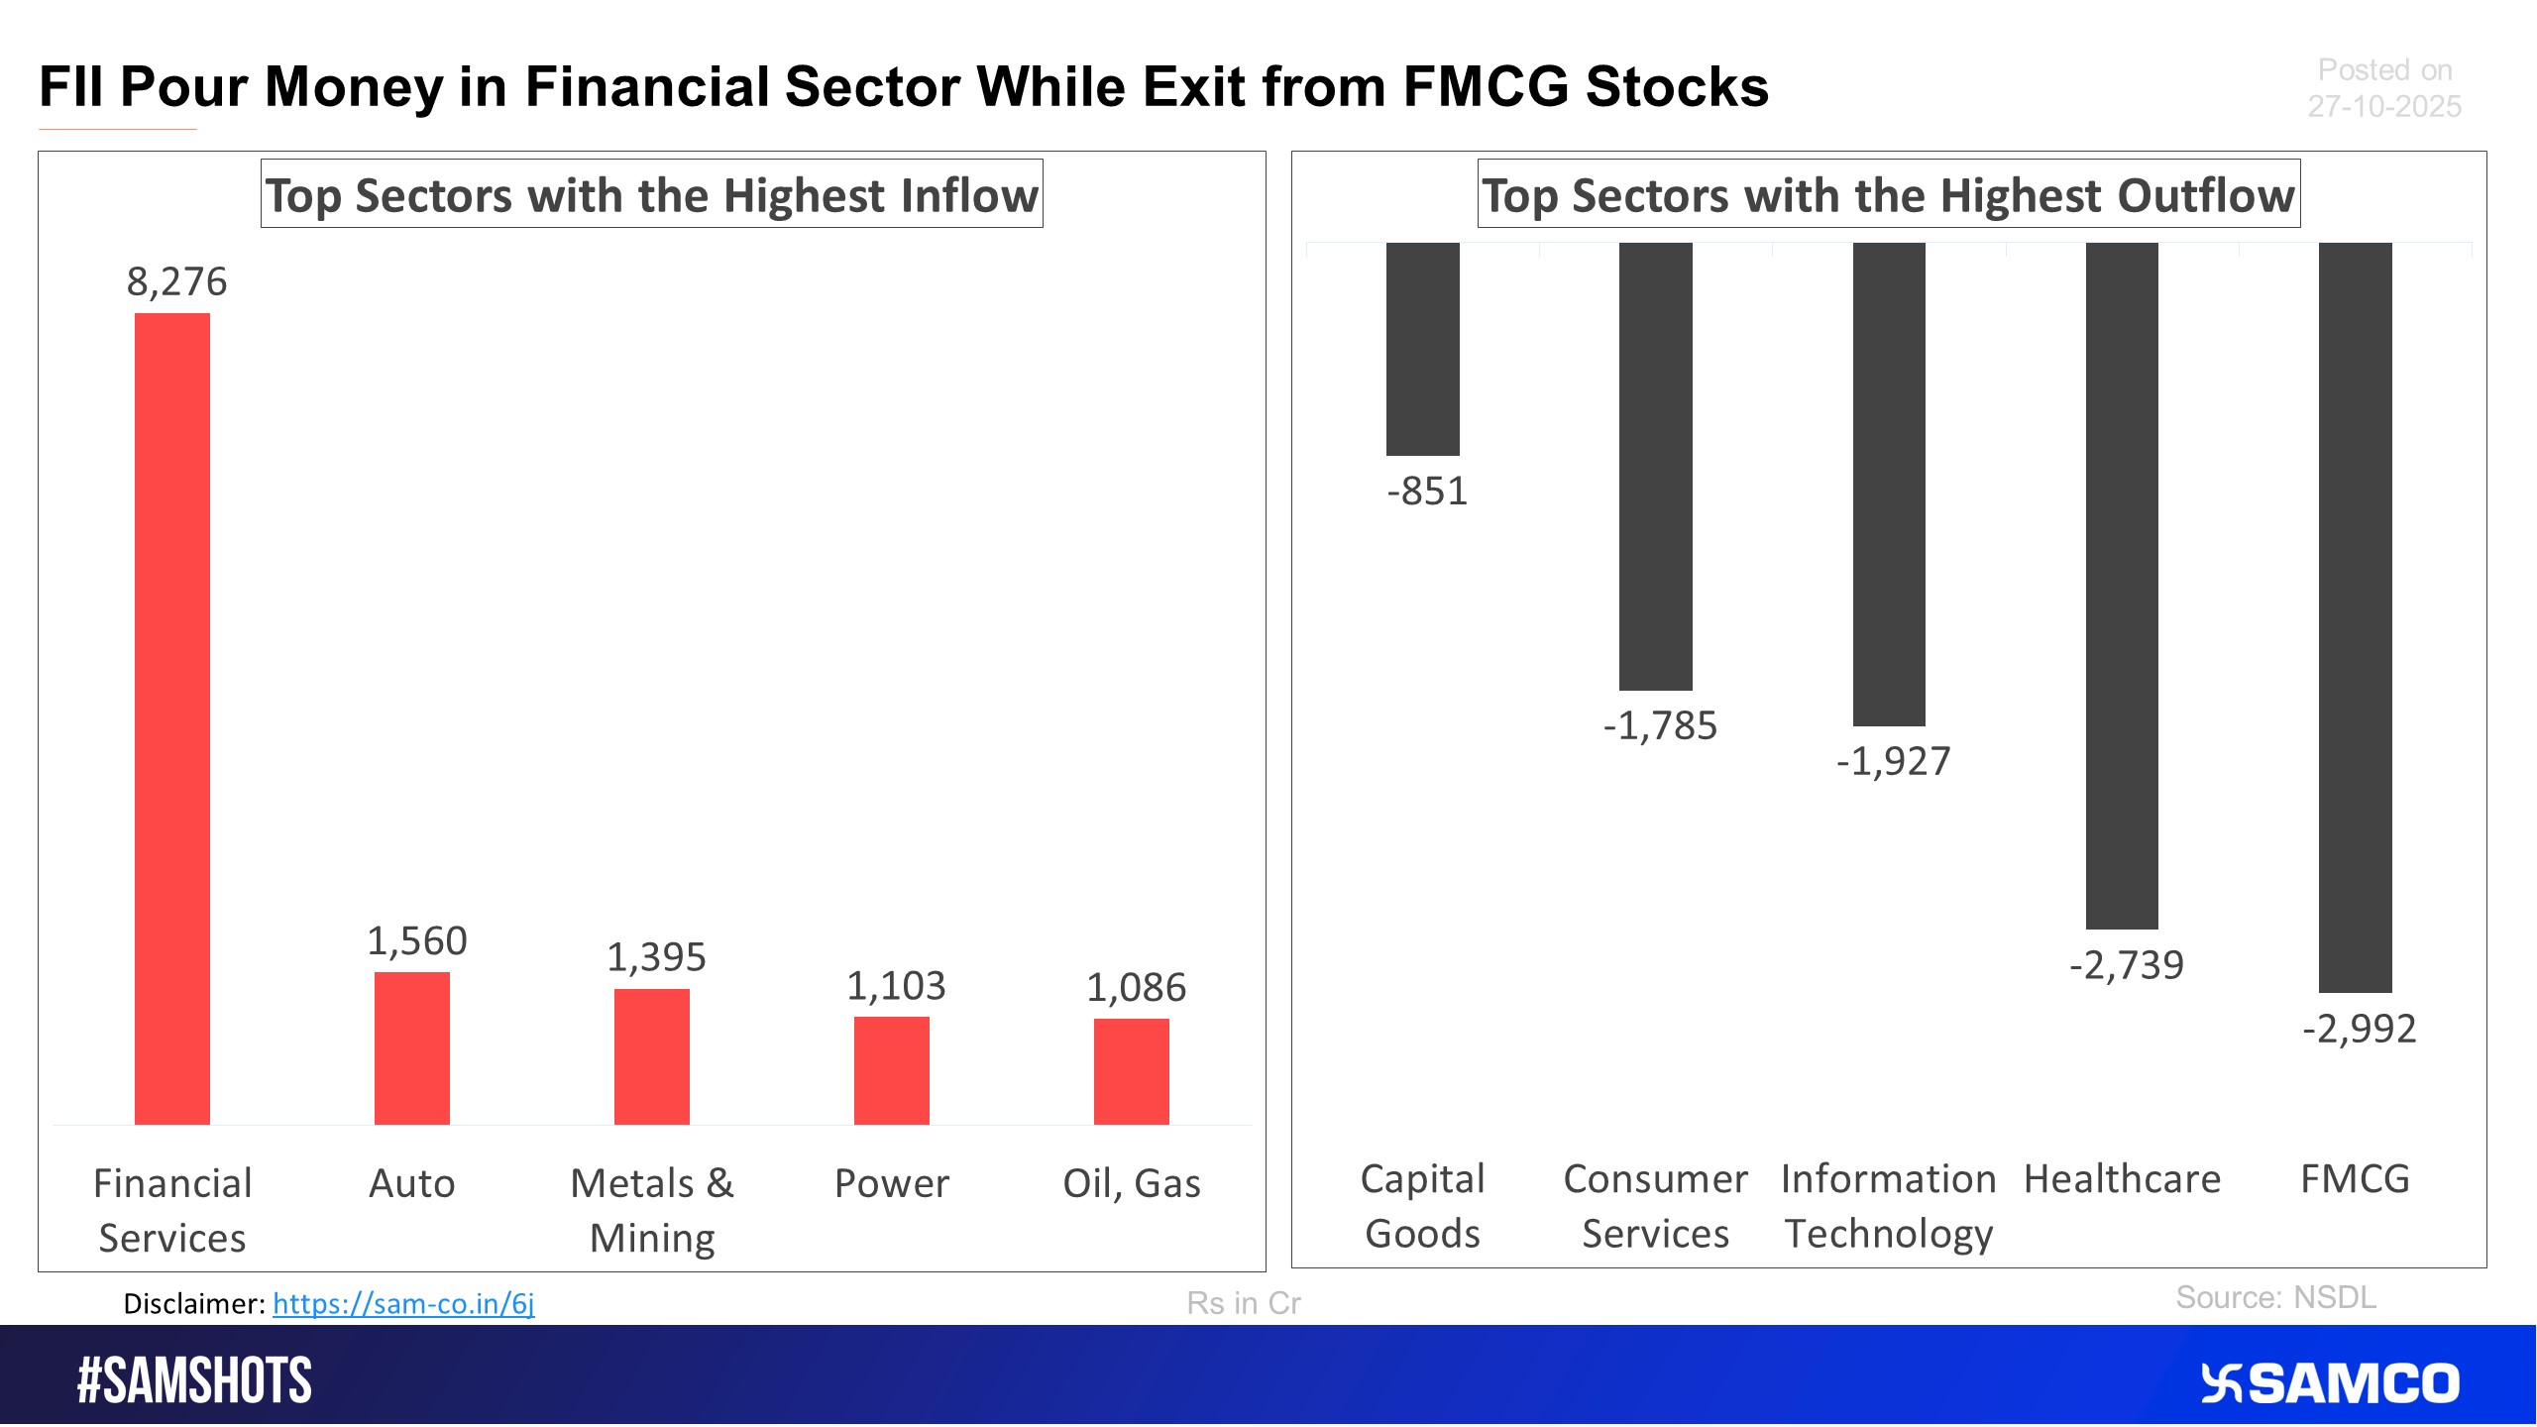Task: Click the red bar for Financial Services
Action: (172, 718)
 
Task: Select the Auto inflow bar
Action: (412, 1048)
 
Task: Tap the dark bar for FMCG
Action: (2355, 616)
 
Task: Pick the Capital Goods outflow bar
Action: (1422, 349)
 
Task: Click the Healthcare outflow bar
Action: (2122, 585)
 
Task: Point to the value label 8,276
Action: (176, 282)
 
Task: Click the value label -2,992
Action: (2359, 1029)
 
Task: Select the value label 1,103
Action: (896, 986)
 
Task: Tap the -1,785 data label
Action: (1660, 726)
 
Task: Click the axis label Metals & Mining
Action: (652, 1210)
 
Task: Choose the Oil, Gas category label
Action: (1132, 1183)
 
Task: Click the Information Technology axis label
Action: (1888, 1206)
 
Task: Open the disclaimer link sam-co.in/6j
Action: (403, 1303)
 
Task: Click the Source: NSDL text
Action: (2275, 1297)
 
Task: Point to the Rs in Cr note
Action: (1243, 1303)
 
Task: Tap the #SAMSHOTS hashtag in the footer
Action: (194, 1380)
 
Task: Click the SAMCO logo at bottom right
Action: (2329, 1383)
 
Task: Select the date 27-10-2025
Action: (2383, 107)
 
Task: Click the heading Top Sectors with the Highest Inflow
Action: (651, 195)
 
